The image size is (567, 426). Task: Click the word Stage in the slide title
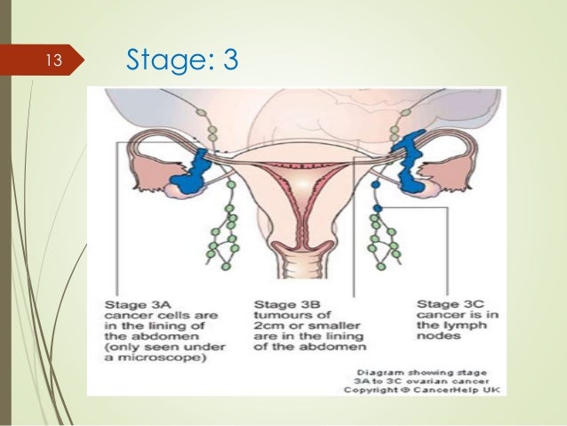[162, 60]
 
